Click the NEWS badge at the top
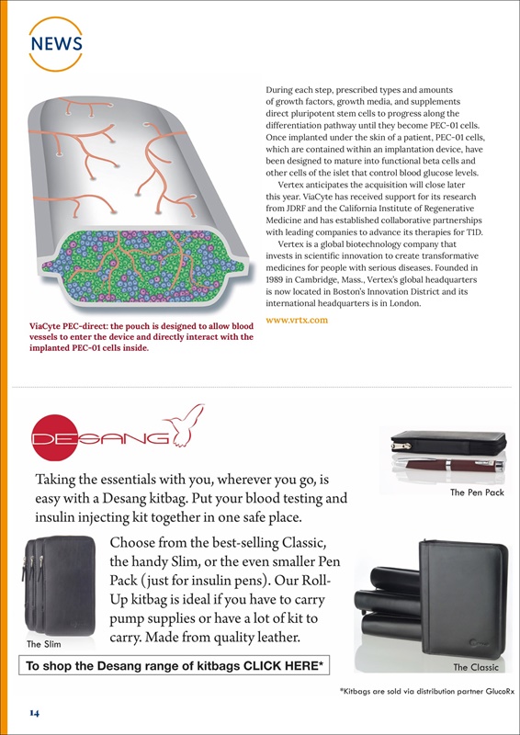pos(56,43)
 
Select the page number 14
pos(34,712)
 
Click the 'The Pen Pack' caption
pos(477,492)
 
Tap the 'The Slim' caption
pos(43,643)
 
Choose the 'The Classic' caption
pos(476,667)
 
